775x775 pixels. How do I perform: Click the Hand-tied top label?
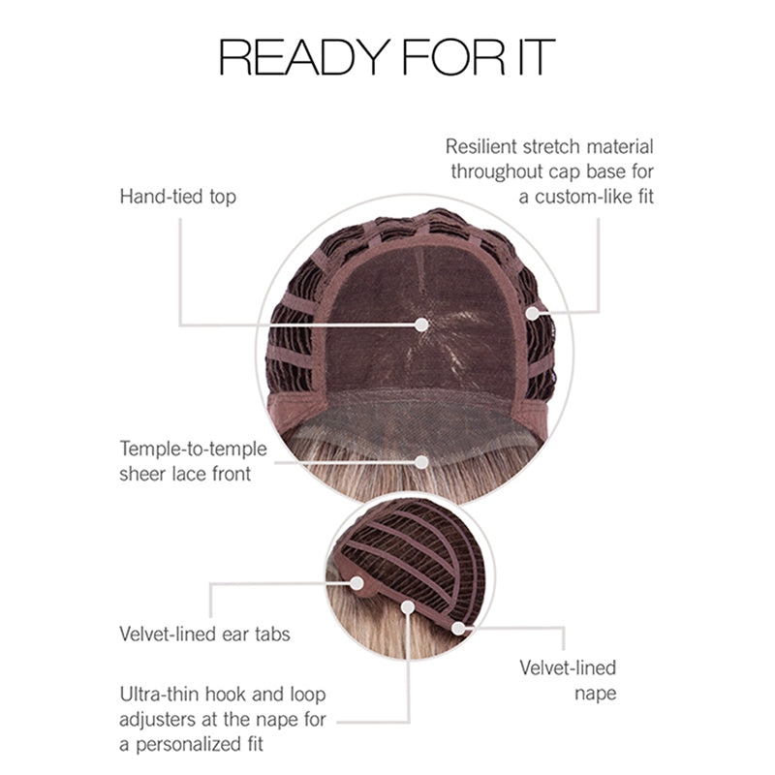pos(178,197)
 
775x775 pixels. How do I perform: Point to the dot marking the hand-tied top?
pos(421,325)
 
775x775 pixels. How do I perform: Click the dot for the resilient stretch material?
pos(532,313)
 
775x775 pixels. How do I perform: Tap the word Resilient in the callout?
pos(481,147)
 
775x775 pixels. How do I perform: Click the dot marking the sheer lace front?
pos(421,462)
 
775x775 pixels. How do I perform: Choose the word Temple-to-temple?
pos(193,449)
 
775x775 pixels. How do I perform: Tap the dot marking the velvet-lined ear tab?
pos(356,583)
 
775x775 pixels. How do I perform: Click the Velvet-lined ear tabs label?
pos(204,635)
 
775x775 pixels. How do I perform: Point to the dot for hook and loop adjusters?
pos(408,607)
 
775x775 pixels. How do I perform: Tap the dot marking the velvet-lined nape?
pos(458,628)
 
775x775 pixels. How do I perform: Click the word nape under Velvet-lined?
pos(595,694)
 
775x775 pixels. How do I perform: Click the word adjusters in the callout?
pos(160,720)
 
